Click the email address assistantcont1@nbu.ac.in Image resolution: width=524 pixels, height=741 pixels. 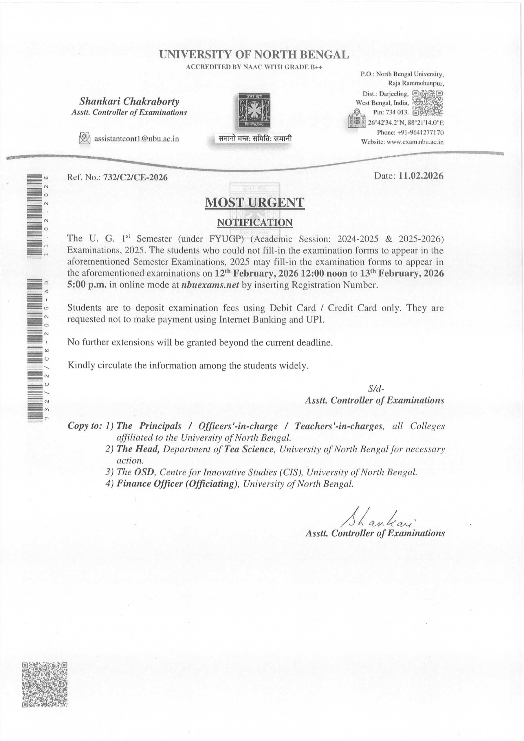point(136,139)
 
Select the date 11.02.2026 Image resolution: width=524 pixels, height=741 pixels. point(421,176)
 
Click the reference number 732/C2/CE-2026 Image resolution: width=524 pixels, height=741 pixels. point(135,177)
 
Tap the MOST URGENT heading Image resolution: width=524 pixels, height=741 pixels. point(255,203)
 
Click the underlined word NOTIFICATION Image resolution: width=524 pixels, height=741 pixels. point(255,223)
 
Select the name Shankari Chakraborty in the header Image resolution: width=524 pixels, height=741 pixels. point(129,102)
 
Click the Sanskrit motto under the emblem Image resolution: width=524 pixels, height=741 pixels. point(255,139)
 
